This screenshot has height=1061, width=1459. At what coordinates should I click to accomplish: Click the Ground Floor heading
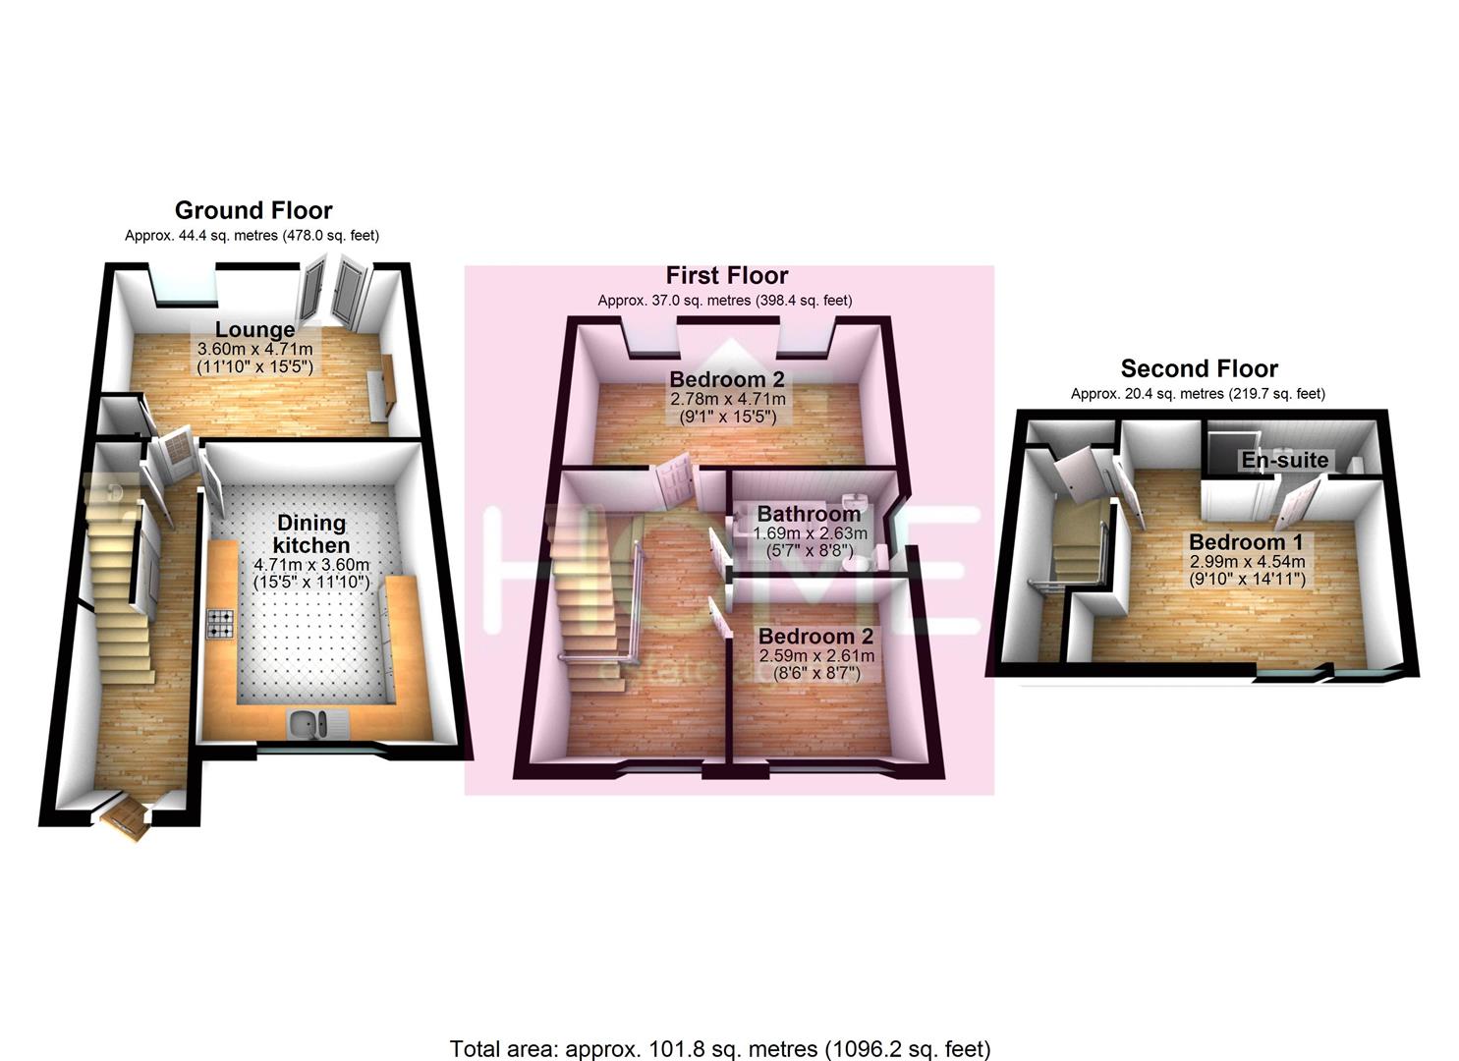[x=253, y=210]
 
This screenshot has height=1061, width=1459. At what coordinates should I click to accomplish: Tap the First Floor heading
[x=727, y=275]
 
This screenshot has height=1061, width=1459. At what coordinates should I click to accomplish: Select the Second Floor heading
[x=1199, y=368]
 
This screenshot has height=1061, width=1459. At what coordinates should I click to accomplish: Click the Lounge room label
[x=254, y=329]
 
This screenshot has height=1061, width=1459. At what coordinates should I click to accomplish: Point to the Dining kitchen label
[x=311, y=533]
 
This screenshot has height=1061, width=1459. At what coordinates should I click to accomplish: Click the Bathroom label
[x=809, y=514]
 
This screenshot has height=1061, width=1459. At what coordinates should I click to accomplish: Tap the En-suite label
[x=1284, y=460]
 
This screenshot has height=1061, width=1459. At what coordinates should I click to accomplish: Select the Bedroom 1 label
[x=1246, y=542]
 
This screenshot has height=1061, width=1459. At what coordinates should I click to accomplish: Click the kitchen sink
[x=317, y=724]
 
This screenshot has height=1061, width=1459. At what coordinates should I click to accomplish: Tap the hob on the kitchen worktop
[x=220, y=623]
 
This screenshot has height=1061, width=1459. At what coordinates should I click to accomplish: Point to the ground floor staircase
[x=117, y=580]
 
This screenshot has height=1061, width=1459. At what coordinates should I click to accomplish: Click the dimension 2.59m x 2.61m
[x=816, y=655]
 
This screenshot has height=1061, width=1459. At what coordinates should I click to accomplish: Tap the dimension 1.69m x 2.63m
[x=810, y=533]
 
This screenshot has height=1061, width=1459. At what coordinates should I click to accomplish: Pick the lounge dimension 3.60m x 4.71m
[x=255, y=349]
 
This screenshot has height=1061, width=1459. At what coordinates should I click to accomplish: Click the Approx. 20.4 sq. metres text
[x=1147, y=394]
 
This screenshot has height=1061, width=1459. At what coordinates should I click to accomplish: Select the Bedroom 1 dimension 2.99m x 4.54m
[x=1248, y=561]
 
